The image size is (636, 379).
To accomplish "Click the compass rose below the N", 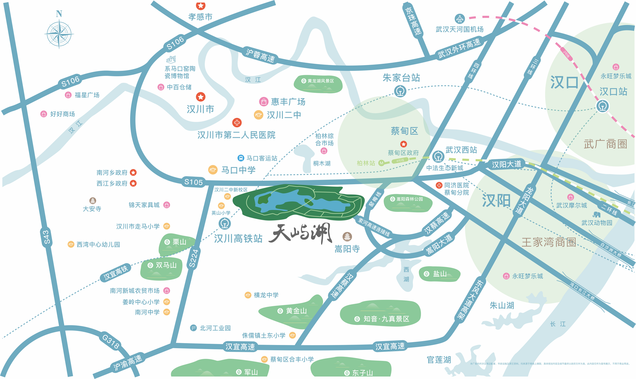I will coord(59,34).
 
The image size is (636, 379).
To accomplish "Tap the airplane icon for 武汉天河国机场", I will coord(460,19).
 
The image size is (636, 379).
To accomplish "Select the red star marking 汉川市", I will coord(200,97).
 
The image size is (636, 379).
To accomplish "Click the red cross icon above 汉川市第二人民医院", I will coord(237,123).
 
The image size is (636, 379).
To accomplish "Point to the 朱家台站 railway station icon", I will coord(400,91).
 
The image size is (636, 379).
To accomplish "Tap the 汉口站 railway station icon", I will coord(602,106).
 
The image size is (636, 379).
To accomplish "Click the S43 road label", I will coord(46,237).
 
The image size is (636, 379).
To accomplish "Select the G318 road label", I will coord(111,341).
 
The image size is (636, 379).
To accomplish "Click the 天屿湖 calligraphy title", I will coord(301,234).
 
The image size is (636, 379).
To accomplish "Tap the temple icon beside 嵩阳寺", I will coord(347,236).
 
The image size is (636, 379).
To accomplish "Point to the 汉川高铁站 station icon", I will coord(225,223).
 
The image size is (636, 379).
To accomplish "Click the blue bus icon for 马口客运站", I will coord(241,158).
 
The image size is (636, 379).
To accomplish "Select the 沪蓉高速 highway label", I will coord(260,55).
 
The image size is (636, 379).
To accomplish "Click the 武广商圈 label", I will coord(605,144).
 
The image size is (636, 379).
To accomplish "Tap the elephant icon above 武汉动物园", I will coord(597,214).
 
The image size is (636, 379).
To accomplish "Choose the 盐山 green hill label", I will coord(439,274).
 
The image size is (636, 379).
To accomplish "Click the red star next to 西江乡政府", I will coord(134,183).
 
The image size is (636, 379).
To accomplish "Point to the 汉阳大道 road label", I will coord(507,164).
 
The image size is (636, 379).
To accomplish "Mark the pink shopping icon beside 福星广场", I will coord(68,95).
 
